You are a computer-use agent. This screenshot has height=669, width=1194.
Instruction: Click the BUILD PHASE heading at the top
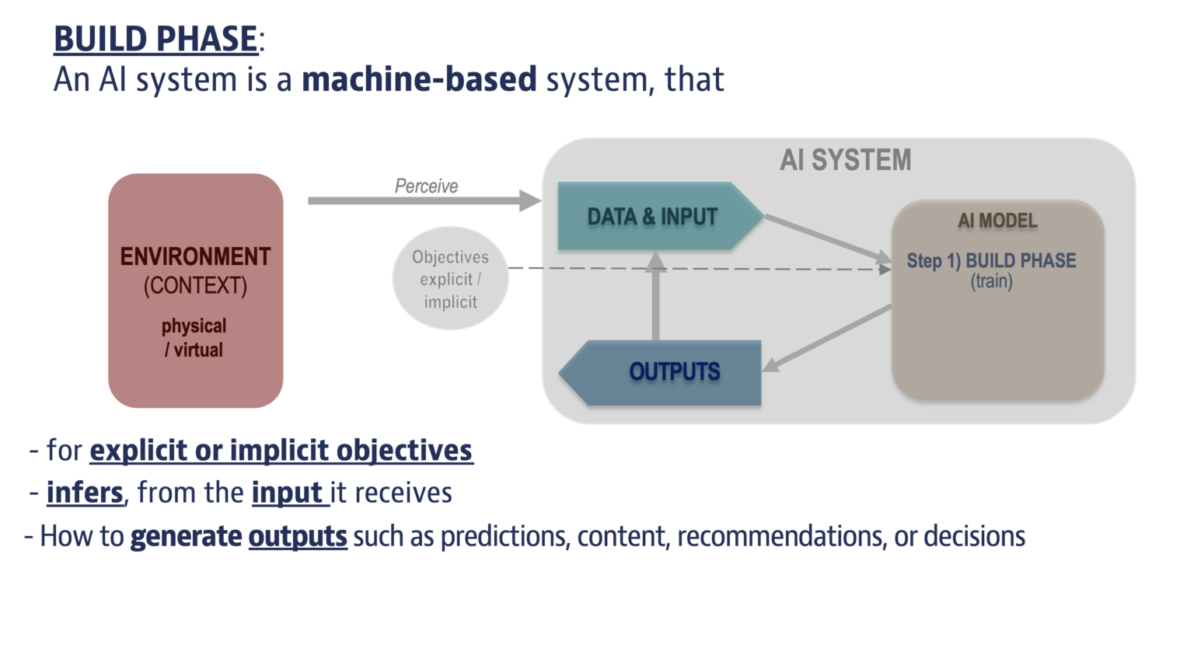pyautogui.click(x=155, y=39)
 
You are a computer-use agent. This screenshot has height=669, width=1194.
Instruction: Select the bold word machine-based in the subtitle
pyautogui.click(x=419, y=79)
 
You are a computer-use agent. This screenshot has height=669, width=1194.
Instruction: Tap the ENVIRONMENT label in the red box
pyautogui.click(x=195, y=256)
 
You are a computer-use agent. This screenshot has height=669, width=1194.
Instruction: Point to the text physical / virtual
pyautogui.click(x=194, y=338)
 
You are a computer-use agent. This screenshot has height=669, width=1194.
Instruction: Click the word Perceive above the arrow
pyautogui.click(x=426, y=186)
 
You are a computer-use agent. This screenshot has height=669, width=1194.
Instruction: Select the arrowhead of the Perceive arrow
pyautogui.click(x=531, y=200)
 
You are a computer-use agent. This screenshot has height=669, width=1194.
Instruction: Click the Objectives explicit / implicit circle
pyautogui.click(x=450, y=279)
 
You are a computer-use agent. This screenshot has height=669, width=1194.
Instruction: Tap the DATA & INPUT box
pyautogui.click(x=652, y=217)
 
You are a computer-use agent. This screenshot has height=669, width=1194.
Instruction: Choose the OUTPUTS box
pyautogui.click(x=673, y=372)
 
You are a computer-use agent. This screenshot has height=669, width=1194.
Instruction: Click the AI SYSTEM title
pyautogui.click(x=845, y=160)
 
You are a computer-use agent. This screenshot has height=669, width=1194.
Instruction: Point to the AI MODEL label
pyautogui.click(x=997, y=221)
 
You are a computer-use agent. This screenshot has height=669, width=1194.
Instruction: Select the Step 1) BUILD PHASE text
pyautogui.click(x=991, y=261)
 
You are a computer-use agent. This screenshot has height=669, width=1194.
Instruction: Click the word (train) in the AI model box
pyautogui.click(x=991, y=281)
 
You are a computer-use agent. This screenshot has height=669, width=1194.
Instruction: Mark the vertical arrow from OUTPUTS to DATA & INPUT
pyautogui.click(x=655, y=299)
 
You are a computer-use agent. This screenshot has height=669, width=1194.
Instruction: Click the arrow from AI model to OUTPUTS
pyautogui.click(x=828, y=338)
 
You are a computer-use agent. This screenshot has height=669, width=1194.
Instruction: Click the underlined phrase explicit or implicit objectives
pyautogui.click(x=281, y=451)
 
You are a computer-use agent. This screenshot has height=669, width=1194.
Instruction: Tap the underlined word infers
pyautogui.click(x=85, y=493)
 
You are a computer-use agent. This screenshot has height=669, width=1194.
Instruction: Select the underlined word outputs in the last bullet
pyautogui.click(x=298, y=537)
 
